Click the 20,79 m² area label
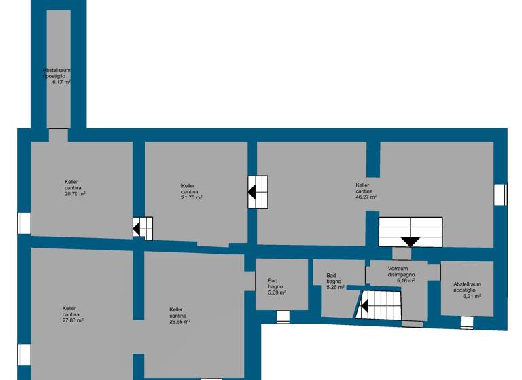click(75, 194)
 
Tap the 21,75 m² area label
click(192, 197)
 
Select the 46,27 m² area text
click(366, 197)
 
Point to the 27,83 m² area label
click(73, 320)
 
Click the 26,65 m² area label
click(180, 322)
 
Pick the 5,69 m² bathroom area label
click(277, 292)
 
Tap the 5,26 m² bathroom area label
click(335, 287)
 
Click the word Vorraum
click(398, 268)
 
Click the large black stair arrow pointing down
click(411, 241)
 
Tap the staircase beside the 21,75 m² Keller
click(258, 192)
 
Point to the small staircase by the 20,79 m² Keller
click(142, 228)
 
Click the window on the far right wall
click(501, 194)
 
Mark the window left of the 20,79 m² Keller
click(24, 223)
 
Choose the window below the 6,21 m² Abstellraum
click(466, 323)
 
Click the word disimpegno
click(397, 274)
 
